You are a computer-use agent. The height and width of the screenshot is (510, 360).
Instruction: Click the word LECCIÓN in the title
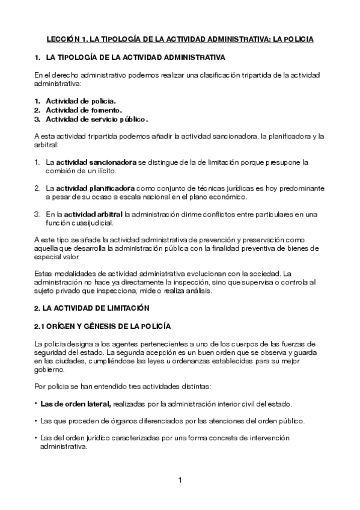coord(63,39)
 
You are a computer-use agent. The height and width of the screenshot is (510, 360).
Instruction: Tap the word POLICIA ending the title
coord(299,39)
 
